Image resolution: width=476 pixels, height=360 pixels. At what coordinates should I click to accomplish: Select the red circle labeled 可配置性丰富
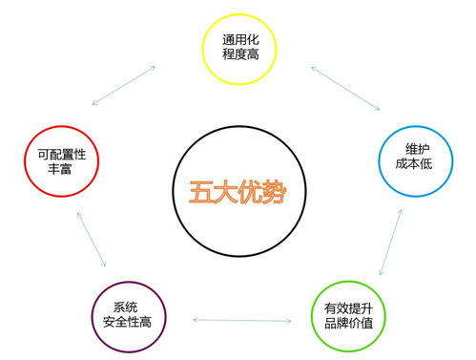point(59,155)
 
